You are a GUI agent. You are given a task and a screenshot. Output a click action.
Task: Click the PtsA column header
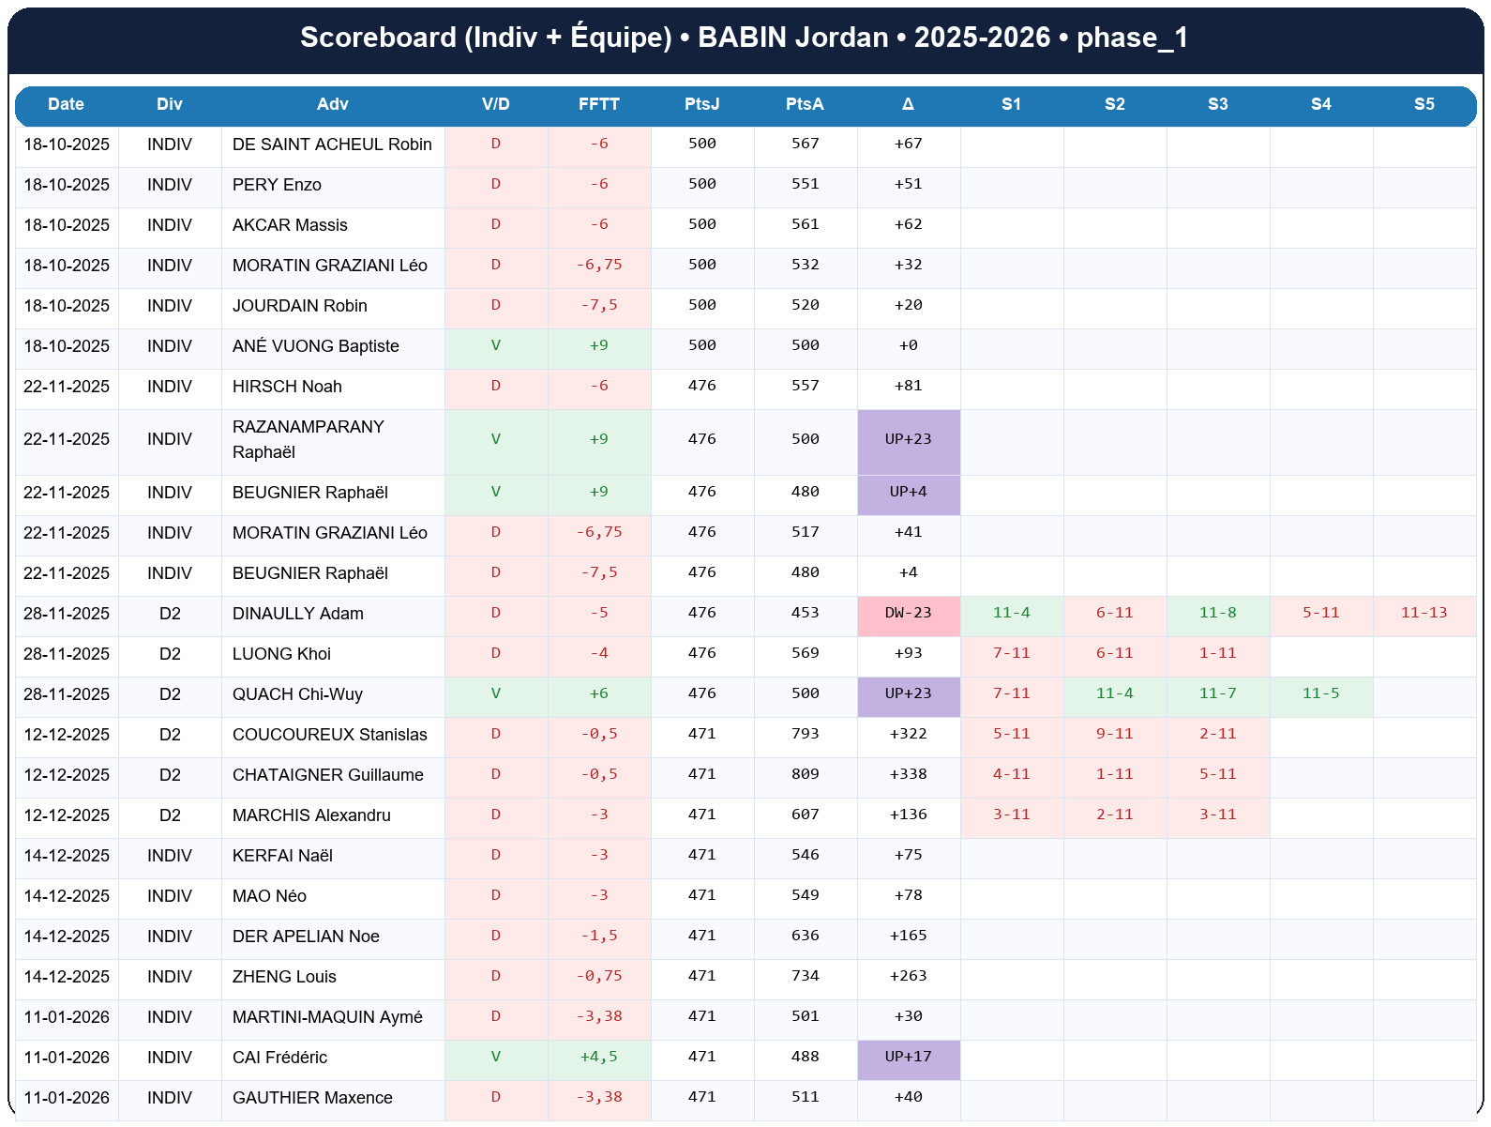805,104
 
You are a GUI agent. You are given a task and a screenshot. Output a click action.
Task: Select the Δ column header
908,104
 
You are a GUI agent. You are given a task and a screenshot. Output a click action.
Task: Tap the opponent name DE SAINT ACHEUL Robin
332,145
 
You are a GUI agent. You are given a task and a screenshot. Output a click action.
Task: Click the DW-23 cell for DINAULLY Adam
908,613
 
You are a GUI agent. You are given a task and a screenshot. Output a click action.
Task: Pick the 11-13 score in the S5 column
1423,613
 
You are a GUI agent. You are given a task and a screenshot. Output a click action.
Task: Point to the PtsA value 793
805,734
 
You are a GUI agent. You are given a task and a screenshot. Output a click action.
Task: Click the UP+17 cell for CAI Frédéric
908,1057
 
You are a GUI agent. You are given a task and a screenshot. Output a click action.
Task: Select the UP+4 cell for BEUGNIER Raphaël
908,492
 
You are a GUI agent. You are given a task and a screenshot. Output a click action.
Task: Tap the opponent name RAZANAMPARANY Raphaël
309,439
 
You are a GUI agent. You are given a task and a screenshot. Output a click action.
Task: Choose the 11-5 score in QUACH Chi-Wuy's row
1320,693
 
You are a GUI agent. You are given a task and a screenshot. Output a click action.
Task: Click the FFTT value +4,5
598,1057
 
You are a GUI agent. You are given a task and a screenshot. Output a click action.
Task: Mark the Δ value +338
908,774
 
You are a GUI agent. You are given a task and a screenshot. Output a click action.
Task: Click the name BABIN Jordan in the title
793,38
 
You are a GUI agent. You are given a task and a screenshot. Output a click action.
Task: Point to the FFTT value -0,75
598,976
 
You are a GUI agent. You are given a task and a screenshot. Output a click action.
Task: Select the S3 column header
1217,104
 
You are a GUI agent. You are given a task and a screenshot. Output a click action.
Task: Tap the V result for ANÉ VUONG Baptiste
496,345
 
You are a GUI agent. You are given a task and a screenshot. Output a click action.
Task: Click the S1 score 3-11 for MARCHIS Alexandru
1011,815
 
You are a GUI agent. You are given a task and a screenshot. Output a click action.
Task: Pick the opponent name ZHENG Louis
284,977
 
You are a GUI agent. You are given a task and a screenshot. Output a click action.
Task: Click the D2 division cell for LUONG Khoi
170,654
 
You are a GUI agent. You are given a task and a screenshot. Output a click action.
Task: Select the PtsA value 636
805,936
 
